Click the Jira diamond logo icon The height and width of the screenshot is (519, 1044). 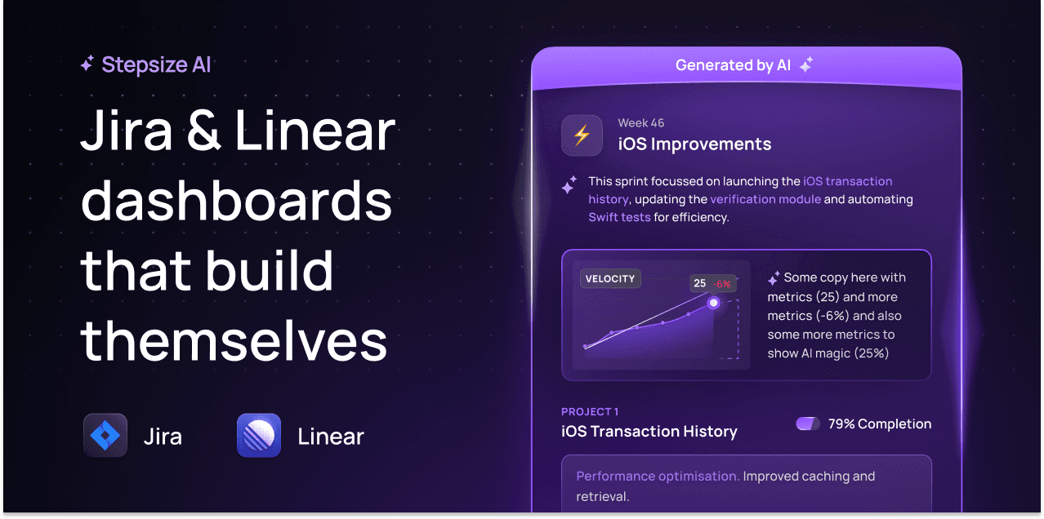pyautogui.click(x=105, y=435)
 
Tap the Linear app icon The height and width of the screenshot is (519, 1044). pyautogui.click(x=259, y=435)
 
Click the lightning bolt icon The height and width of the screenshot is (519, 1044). pyautogui.click(x=582, y=135)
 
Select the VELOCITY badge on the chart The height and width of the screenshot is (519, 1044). pyautogui.click(x=610, y=278)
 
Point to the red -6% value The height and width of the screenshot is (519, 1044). pyautogui.click(x=722, y=283)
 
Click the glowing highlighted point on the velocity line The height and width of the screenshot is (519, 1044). pyautogui.click(x=713, y=303)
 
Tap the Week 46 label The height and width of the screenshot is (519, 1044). pyautogui.click(x=640, y=123)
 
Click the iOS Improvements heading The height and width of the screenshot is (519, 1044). pyautogui.click(x=694, y=144)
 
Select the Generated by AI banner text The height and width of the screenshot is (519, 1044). pyautogui.click(x=733, y=65)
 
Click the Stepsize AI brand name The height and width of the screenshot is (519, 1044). pyautogui.click(x=156, y=64)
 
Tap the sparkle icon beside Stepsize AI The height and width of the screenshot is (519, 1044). pyautogui.click(x=87, y=64)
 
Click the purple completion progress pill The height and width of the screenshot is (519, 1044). pyautogui.click(x=808, y=424)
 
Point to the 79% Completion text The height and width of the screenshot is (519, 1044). pyautogui.click(x=880, y=424)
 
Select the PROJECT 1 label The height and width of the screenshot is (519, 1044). pyautogui.click(x=590, y=411)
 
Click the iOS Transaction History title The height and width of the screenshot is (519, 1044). pyautogui.click(x=649, y=432)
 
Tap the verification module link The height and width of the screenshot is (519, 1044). pyautogui.click(x=765, y=199)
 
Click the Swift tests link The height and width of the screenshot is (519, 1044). pyautogui.click(x=619, y=217)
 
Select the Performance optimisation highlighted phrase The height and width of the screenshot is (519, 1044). pyautogui.click(x=658, y=477)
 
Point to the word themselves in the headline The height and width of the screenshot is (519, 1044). pyautogui.click(x=234, y=340)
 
